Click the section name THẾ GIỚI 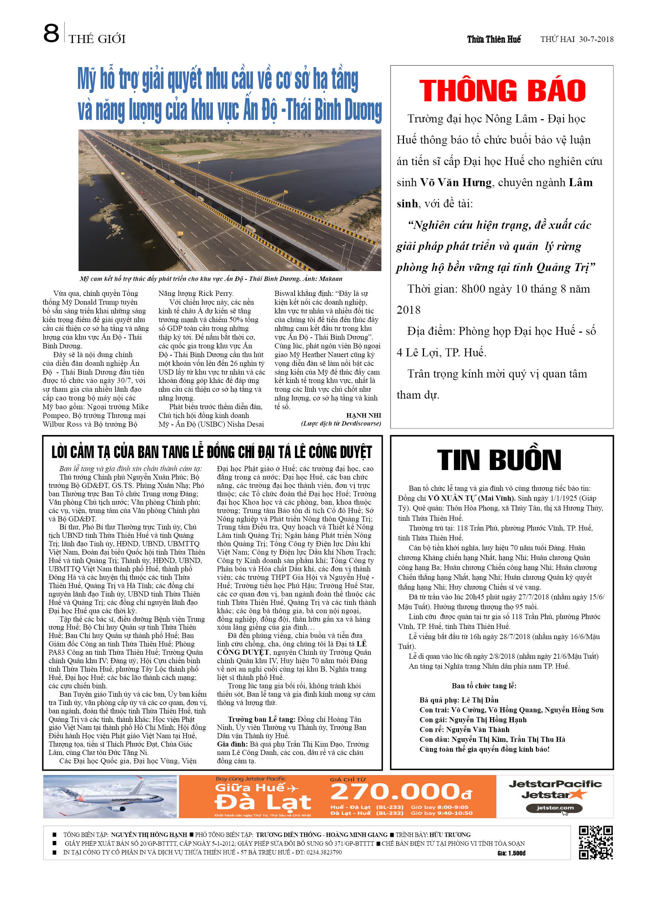pos(97,39)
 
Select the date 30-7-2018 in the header pos(596,39)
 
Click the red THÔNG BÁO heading pos(502,90)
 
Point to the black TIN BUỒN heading pos(499,460)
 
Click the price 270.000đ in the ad pos(401,792)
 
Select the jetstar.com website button pos(554,808)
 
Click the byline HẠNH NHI pos(364,415)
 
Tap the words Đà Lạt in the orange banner pos(263,802)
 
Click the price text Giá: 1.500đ pos(512,853)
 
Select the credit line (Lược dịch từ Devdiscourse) pos(341,424)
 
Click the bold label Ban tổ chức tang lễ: pos(484,686)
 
